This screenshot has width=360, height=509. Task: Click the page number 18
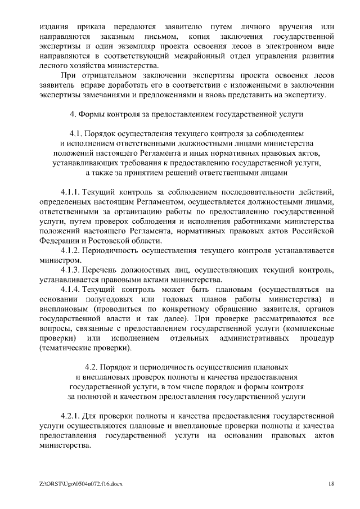tap(331, 483)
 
